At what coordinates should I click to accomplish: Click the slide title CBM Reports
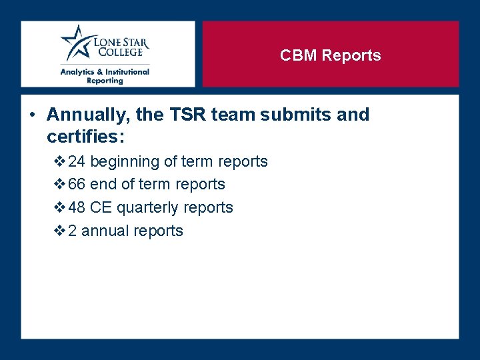(330, 55)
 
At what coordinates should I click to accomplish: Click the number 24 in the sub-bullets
(77, 161)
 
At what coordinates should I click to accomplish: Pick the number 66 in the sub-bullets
(77, 184)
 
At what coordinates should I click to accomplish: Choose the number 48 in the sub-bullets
(77, 207)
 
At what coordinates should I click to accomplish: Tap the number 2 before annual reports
(72, 231)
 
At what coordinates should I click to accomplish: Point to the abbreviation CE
(101, 207)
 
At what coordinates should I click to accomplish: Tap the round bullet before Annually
(33, 115)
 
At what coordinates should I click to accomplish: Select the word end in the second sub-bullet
(103, 184)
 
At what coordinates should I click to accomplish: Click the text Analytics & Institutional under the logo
(105, 72)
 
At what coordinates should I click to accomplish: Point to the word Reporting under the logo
(105, 81)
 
